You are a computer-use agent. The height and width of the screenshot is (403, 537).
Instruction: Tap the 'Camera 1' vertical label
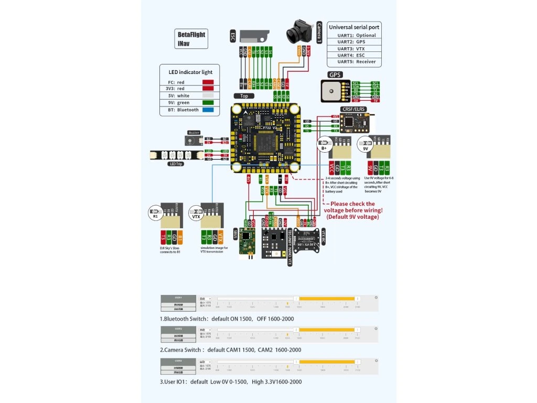[319, 36]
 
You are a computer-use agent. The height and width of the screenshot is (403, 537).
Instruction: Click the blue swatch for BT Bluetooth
[208, 110]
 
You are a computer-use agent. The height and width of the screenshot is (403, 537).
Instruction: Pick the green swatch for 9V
[208, 103]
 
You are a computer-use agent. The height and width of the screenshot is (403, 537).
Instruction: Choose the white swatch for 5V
[208, 96]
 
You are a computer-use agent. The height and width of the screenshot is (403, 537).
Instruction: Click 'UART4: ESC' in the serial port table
[357, 55]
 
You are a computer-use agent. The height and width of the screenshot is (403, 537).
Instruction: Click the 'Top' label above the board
[244, 97]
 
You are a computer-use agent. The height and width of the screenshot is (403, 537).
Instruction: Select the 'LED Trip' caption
[176, 164]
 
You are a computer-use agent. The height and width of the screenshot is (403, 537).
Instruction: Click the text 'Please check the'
[352, 204]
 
